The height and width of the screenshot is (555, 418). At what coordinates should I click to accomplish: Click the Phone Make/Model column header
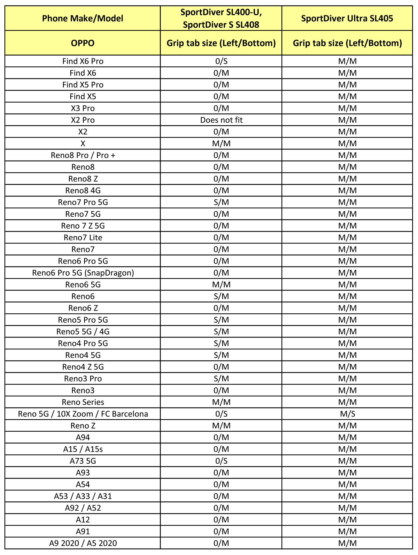[83, 18]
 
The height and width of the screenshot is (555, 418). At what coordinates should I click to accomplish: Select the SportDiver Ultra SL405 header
[347, 18]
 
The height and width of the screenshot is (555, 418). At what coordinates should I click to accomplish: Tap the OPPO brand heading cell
[83, 43]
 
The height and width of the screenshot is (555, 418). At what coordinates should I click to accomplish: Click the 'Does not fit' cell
[221, 120]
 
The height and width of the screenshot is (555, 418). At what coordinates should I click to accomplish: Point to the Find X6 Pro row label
[83, 61]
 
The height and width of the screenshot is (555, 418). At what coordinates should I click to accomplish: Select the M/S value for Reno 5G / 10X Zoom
[347, 414]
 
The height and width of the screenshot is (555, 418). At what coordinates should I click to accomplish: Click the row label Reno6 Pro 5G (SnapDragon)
[83, 273]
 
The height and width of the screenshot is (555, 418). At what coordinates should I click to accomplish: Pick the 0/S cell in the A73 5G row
[221, 461]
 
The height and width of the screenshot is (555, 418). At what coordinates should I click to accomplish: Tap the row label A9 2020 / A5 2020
[83, 543]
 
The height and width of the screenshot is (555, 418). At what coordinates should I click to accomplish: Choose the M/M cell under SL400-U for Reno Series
[221, 402]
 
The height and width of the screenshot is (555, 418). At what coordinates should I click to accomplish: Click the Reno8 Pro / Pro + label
[83, 155]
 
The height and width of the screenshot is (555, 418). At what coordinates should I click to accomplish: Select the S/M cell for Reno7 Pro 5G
[221, 202]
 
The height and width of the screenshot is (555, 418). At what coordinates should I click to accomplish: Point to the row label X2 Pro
[83, 120]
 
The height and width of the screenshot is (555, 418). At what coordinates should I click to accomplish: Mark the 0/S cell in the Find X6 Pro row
[221, 61]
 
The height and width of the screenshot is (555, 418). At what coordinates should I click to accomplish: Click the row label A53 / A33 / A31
[83, 496]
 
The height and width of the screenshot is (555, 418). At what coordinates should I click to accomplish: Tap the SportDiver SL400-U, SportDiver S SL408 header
[221, 18]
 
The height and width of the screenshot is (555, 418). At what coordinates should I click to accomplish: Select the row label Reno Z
[83, 426]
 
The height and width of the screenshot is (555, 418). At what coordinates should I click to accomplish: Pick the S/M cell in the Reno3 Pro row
[221, 379]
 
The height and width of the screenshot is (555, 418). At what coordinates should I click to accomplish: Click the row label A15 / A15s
[83, 449]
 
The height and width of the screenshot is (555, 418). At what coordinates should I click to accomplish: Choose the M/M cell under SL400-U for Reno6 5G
[221, 284]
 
